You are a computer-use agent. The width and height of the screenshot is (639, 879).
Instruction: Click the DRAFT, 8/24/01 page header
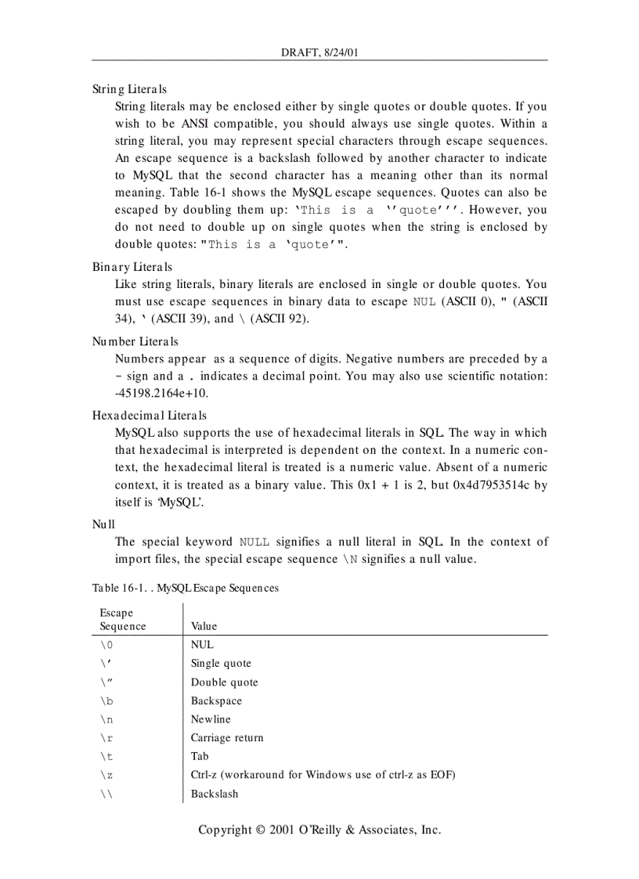pyautogui.click(x=319, y=52)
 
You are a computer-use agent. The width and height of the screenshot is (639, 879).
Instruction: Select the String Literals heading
pyautogui.click(x=129, y=89)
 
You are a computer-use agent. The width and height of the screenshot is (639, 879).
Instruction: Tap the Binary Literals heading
pyautogui.click(x=132, y=267)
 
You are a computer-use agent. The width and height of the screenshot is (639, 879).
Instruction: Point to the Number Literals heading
pyautogui.click(x=135, y=341)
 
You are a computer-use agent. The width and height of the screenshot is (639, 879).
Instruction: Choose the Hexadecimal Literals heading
pyautogui.click(x=150, y=415)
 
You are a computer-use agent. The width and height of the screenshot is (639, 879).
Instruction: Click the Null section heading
pyautogui.click(x=103, y=524)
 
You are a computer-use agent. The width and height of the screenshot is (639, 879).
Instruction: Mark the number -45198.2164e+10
pyautogui.click(x=162, y=393)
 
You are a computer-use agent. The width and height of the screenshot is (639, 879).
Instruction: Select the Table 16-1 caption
pyautogui.click(x=186, y=587)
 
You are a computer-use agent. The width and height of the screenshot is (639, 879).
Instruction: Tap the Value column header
pyautogui.click(x=204, y=626)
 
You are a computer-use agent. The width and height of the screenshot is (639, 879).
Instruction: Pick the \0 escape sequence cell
pyautogui.click(x=106, y=645)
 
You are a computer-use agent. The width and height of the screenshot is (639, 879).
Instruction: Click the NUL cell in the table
pyautogui.click(x=202, y=645)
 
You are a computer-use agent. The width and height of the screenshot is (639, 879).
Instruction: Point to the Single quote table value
pyautogui.click(x=221, y=663)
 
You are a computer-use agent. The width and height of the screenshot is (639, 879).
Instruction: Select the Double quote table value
pyautogui.click(x=224, y=682)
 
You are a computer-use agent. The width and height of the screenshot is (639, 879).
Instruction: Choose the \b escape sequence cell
pyautogui.click(x=106, y=701)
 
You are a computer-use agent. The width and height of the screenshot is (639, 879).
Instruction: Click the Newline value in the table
pyautogui.click(x=211, y=719)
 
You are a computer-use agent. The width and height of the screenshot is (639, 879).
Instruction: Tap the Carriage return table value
pyautogui.click(x=227, y=738)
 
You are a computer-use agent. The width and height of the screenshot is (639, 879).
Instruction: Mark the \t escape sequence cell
pyautogui.click(x=106, y=757)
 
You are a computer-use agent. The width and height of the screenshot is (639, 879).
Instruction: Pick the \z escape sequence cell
pyautogui.click(x=106, y=775)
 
